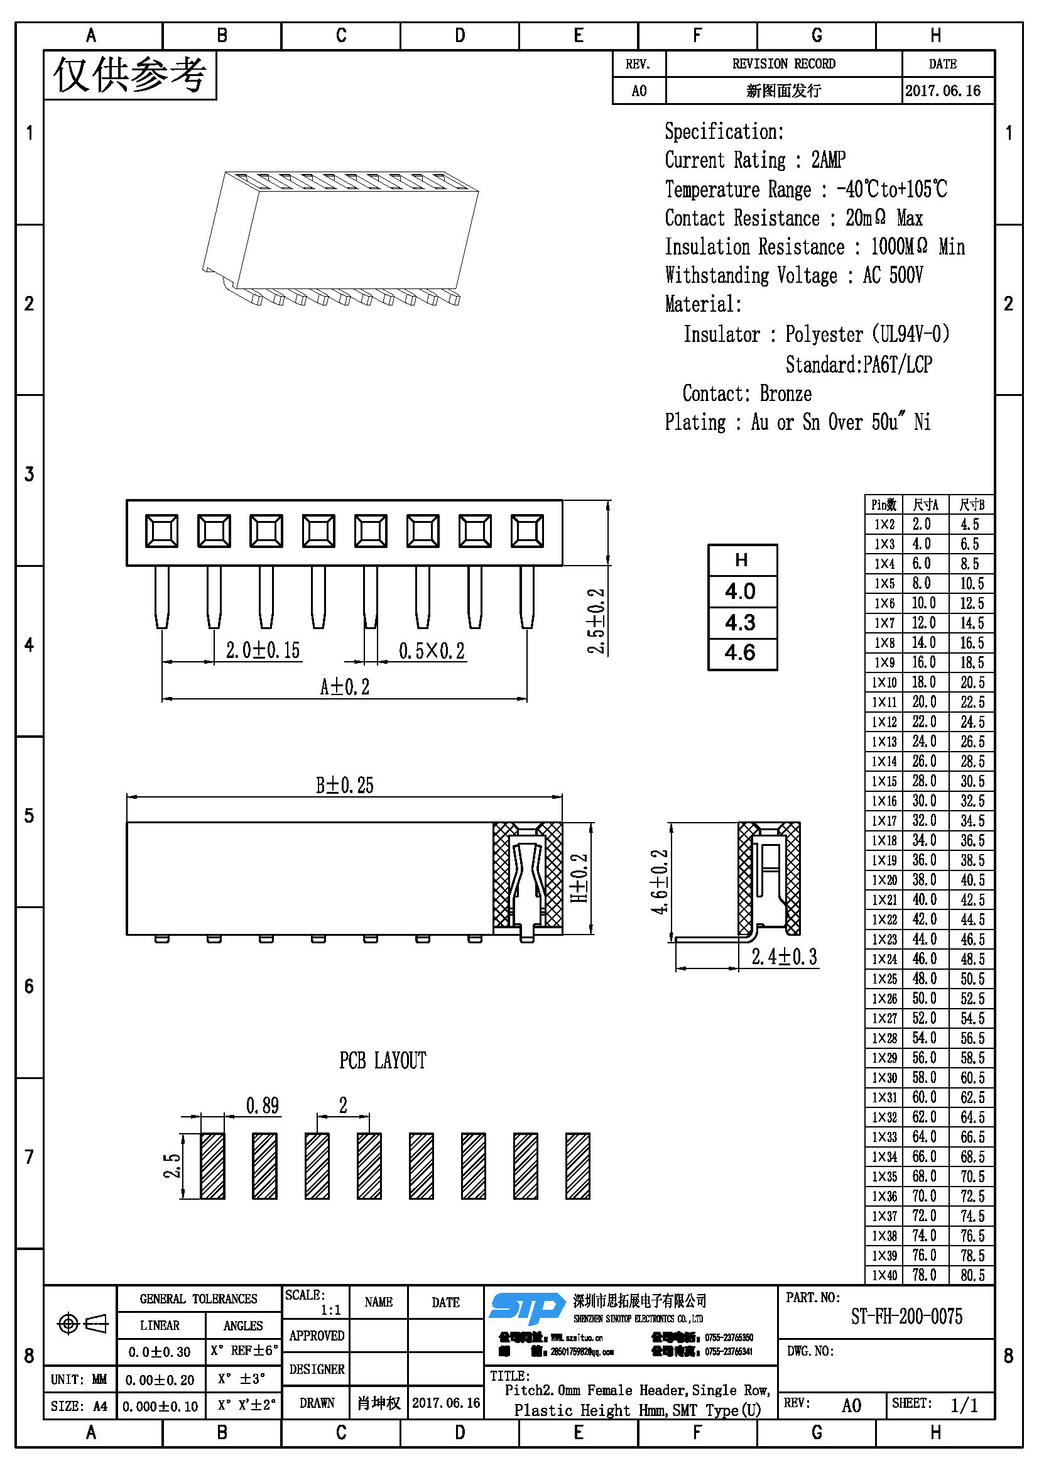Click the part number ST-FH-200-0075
pos(906,1317)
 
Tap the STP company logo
pos(526,1307)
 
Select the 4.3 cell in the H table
pos(741,622)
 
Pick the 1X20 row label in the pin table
pos(884,880)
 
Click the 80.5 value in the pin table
pos(972,1275)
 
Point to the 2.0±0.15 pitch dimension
pos(263,650)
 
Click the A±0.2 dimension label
pos(344,688)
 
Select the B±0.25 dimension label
pos(344,786)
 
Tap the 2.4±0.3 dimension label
pos(785,957)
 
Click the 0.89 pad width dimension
pos(263,1105)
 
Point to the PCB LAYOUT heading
pos(383,1061)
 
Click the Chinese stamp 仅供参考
pos(130,75)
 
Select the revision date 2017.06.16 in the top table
pos(942,91)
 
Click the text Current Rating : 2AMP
pos(755,160)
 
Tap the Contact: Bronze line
pos(747,394)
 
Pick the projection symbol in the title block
pos(82,1324)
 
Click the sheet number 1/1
pos(964,1405)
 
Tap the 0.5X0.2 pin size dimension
pos(432,651)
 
